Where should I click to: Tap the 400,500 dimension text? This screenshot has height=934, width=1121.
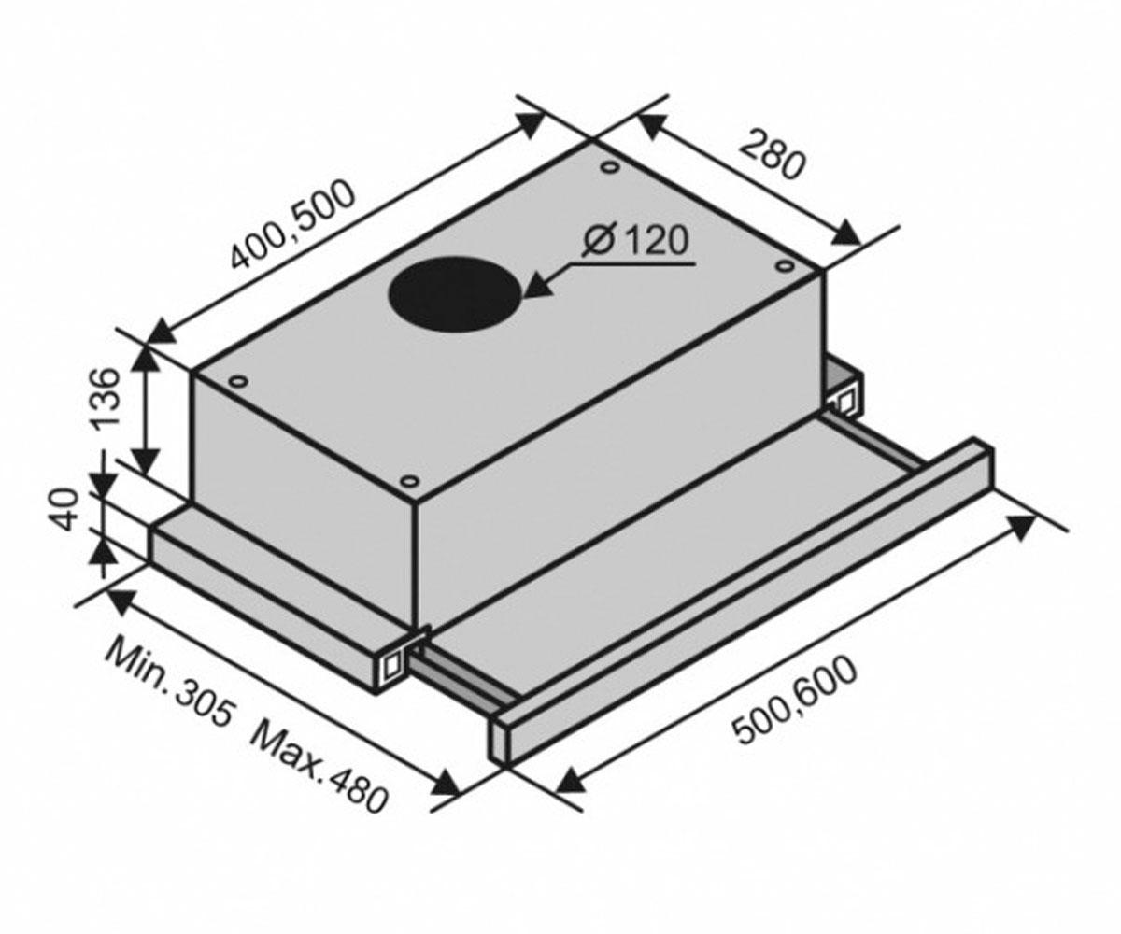coord(292,224)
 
